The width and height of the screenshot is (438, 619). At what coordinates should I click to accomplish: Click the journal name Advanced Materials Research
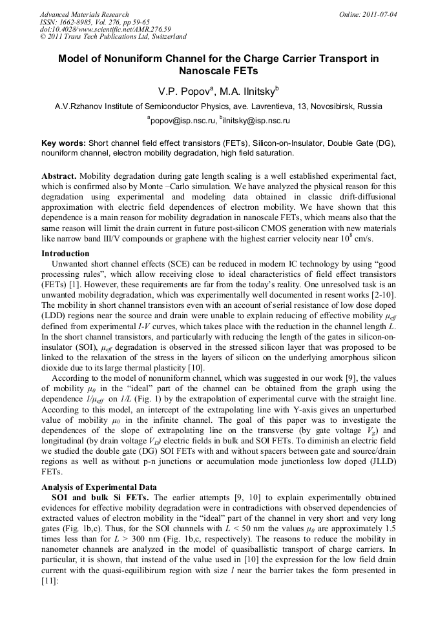(x=84, y=14)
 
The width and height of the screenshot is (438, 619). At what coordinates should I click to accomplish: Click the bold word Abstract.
(x=59, y=176)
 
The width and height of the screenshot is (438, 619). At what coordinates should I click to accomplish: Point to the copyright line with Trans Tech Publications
(x=113, y=37)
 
